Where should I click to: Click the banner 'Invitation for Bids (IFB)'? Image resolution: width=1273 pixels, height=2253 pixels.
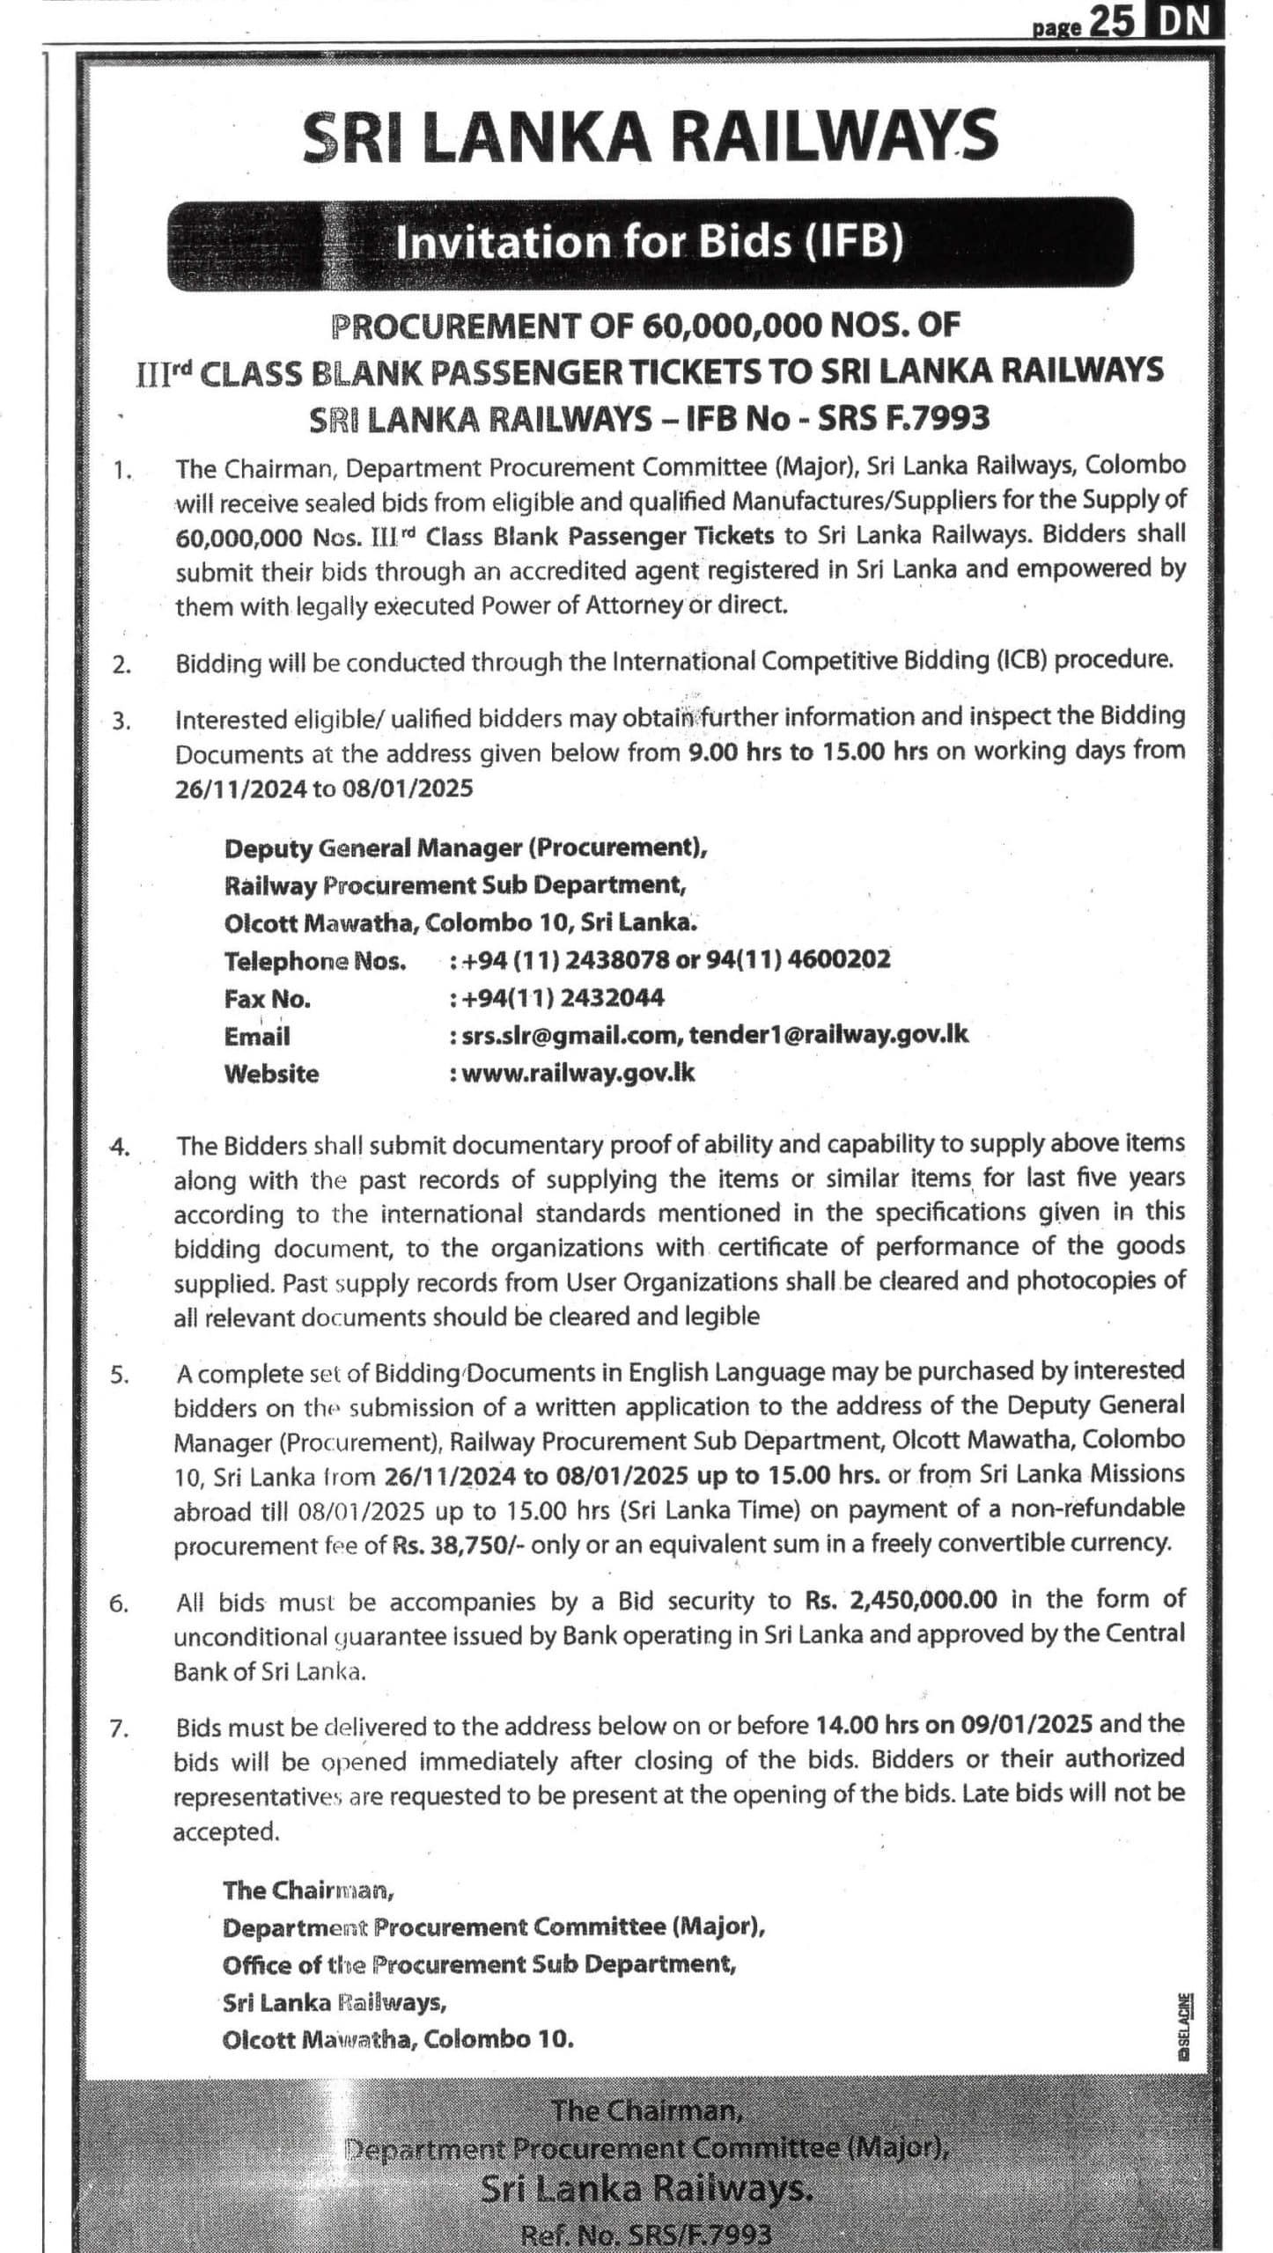650,243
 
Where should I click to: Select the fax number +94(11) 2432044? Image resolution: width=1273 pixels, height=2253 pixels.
558,998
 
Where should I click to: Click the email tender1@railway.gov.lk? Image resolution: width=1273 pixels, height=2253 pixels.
828,1035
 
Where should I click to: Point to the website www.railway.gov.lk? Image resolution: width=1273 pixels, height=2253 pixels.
577,1073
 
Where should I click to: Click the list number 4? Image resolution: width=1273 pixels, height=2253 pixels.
120,1147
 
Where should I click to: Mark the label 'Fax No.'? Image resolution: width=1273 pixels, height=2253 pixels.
267,999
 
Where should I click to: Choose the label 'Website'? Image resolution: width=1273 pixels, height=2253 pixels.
271,1074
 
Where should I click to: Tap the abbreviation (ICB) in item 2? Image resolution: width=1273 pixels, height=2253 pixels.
1022,660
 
